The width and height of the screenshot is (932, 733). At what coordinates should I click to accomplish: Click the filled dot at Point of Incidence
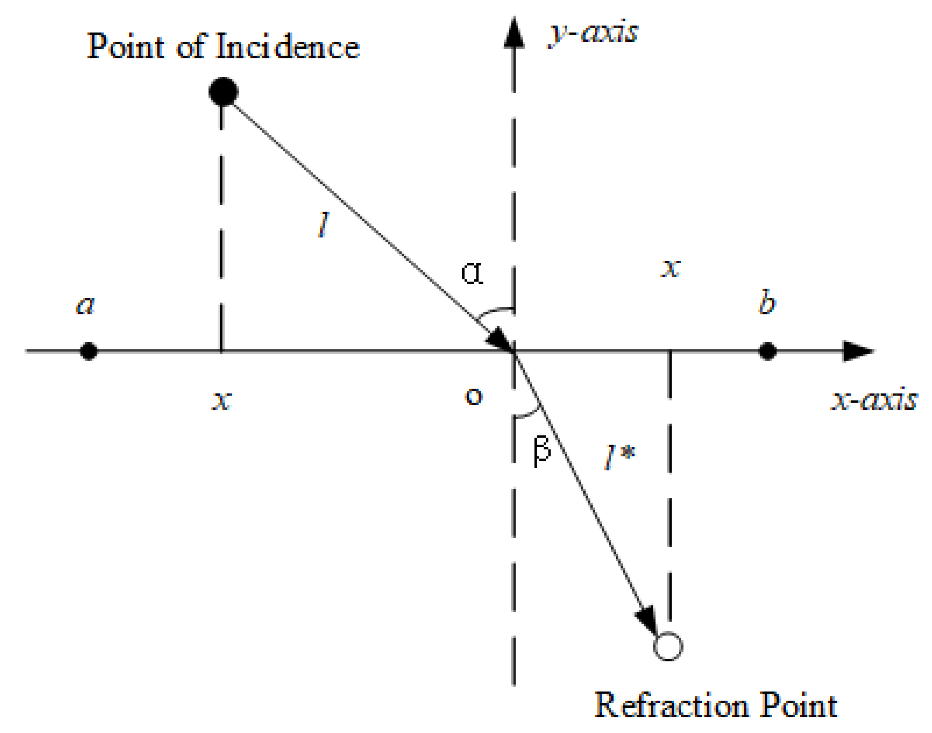tap(223, 91)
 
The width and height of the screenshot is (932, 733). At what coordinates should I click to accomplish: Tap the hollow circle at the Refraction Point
tap(668, 646)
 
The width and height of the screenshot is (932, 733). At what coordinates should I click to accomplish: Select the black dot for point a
tap(89, 351)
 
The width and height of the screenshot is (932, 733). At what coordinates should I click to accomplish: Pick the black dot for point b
tap(767, 351)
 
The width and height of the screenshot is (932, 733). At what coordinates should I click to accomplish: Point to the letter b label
tap(767, 302)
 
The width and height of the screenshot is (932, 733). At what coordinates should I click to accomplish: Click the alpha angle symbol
tap(472, 273)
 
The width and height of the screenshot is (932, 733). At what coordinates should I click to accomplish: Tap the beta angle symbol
tap(542, 451)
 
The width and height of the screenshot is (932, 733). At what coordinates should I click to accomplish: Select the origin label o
tap(474, 396)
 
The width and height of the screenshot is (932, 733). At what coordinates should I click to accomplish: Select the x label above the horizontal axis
tap(671, 268)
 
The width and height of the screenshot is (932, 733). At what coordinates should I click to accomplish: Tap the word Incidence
tap(288, 46)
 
